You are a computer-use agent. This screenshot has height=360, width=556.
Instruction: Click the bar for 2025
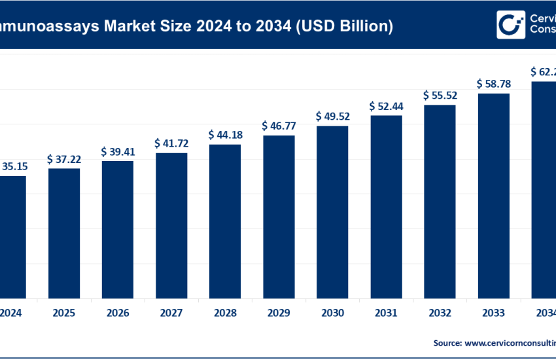[64, 233]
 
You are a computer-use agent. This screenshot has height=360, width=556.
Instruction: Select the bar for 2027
[171, 225]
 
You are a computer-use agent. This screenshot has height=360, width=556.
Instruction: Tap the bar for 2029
[279, 217]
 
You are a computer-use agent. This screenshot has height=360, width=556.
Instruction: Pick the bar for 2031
[387, 207]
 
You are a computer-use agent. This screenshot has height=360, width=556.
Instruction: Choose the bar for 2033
[494, 196]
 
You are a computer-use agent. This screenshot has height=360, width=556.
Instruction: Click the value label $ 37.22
[63, 159]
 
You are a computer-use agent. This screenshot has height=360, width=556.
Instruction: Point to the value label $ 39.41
[118, 151]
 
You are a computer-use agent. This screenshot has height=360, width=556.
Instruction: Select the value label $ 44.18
[225, 135]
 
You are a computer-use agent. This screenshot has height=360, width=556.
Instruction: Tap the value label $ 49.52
[332, 117]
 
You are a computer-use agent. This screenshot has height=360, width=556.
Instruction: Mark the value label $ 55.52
[440, 95]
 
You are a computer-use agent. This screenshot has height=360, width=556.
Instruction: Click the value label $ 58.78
[494, 83]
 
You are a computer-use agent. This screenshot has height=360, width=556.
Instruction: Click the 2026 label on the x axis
[118, 313]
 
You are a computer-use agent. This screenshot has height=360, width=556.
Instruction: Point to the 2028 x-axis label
[225, 313]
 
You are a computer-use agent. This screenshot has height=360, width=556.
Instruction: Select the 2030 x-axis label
[332, 313]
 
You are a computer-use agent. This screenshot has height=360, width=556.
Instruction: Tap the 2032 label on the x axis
[440, 313]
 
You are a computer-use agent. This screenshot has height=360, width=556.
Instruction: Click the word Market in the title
[124, 26]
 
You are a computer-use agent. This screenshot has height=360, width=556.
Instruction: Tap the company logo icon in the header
[510, 25]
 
